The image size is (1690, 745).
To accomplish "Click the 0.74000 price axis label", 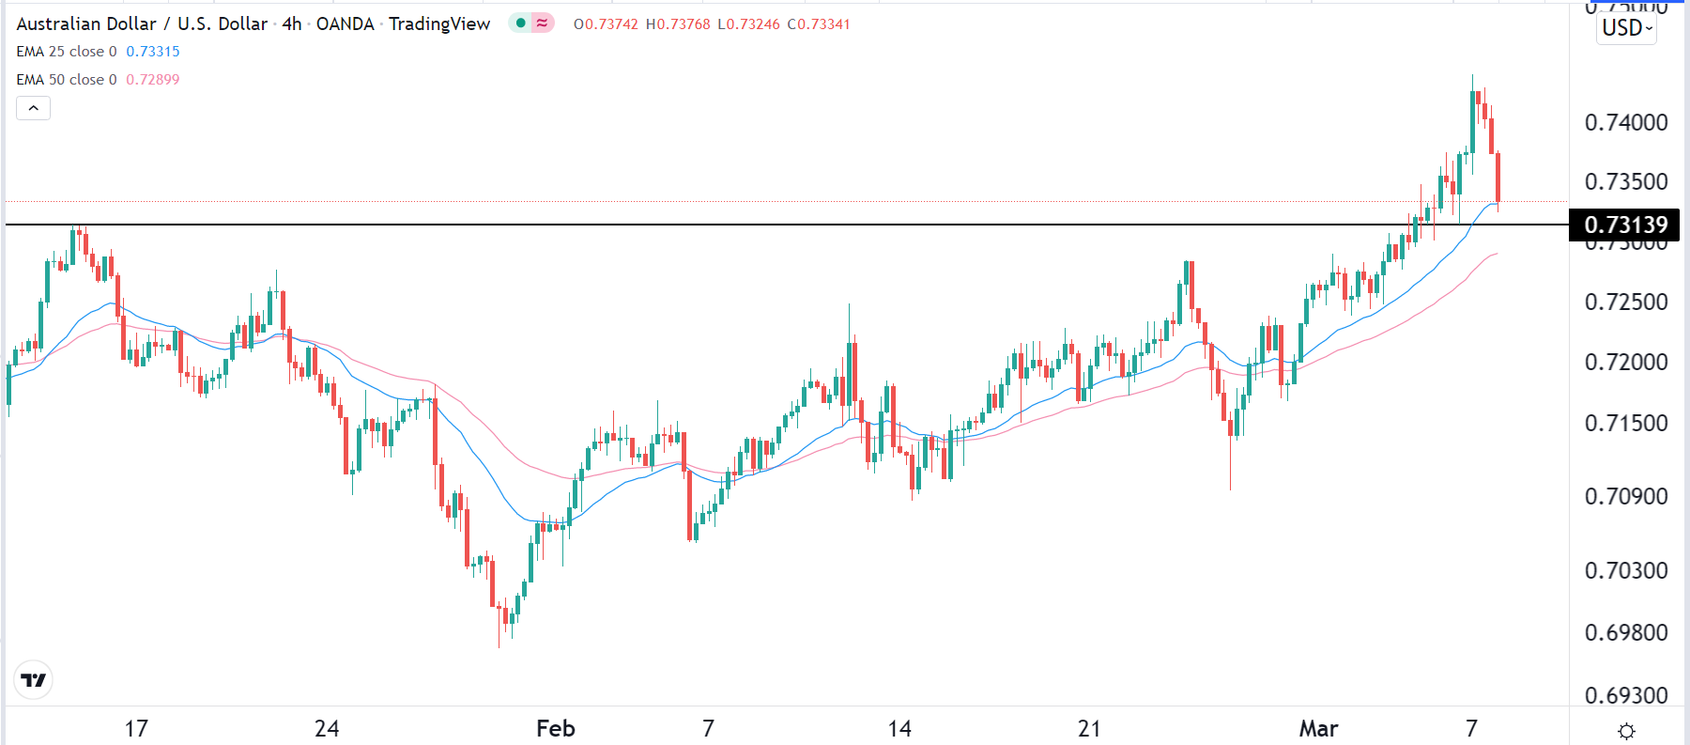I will tap(1626, 122).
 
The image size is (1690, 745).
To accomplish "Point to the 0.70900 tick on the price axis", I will tap(1626, 496).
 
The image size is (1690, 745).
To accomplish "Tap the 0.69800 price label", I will tap(1626, 632).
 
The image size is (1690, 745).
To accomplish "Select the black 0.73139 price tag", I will tap(1625, 225).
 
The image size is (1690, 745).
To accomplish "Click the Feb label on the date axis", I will tap(555, 728).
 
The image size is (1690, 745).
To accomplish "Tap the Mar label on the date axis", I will tap(1318, 728).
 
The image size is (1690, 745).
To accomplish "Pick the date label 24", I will tap(327, 728).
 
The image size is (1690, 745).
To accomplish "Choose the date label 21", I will tap(1089, 728).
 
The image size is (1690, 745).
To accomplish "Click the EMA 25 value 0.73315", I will tap(153, 52).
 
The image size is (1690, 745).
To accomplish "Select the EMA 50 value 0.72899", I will tap(153, 80).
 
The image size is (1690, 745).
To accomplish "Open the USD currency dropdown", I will tap(1627, 28).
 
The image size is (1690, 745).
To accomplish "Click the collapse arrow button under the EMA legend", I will tap(34, 108).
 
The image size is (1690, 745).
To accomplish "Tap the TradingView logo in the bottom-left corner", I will tap(34, 680).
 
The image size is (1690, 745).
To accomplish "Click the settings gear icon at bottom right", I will tap(1627, 731).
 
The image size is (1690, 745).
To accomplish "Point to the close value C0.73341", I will tap(819, 24).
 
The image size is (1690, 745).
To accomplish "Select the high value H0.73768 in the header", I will tap(678, 24).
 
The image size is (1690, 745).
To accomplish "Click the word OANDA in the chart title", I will tap(345, 24).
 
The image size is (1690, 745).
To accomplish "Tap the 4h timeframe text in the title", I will tap(292, 24).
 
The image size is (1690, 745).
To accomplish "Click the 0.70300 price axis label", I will tap(1626, 570).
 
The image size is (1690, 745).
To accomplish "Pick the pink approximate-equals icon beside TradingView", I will tap(543, 23).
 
